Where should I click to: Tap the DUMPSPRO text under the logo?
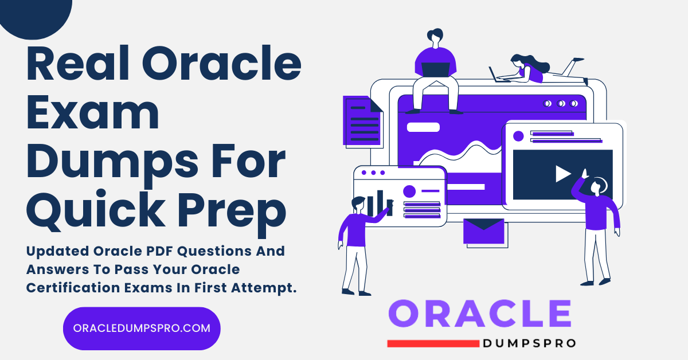coord(529,343)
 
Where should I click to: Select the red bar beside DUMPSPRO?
coord(433,343)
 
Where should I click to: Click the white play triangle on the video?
coord(562,174)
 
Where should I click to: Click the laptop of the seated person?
coord(436,69)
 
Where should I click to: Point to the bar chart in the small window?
coord(379,204)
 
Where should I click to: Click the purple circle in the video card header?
coord(518,136)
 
